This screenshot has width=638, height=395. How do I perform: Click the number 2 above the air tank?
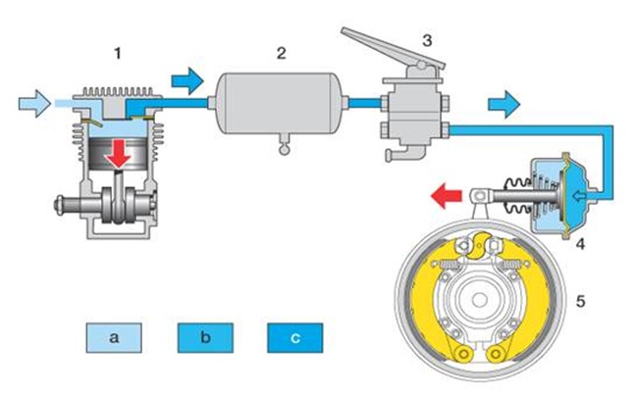pyautogui.click(x=281, y=52)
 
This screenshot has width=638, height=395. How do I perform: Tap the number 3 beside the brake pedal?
pyautogui.click(x=426, y=40)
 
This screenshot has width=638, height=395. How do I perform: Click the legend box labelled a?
pyautogui.click(x=115, y=338)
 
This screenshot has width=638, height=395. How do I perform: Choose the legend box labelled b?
pyautogui.click(x=204, y=338)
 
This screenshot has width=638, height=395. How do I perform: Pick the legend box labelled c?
pyautogui.click(x=293, y=338)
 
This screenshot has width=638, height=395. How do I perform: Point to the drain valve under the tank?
pyautogui.click(x=285, y=147)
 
